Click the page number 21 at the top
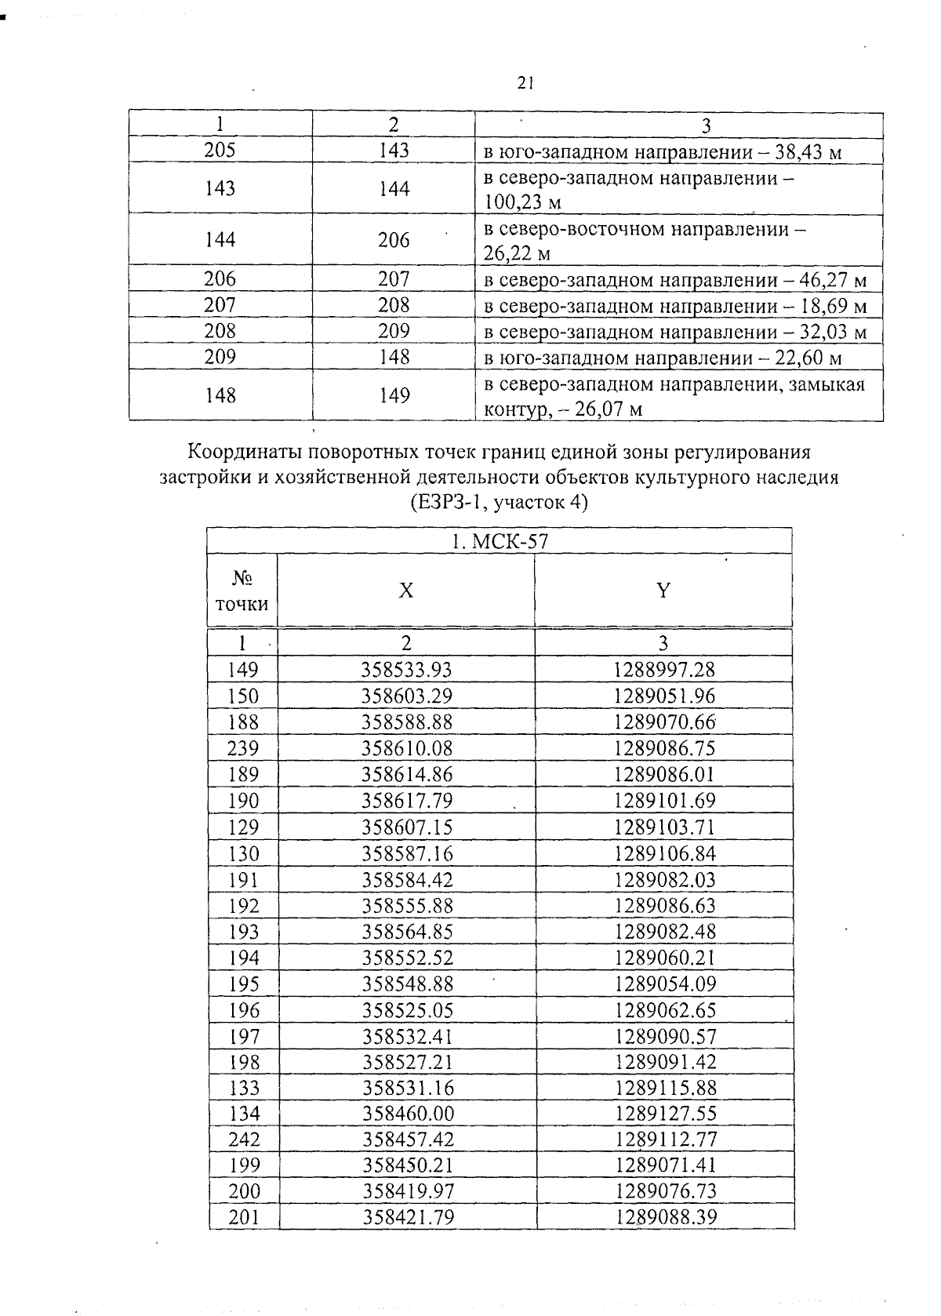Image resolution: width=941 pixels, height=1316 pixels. (x=525, y=83)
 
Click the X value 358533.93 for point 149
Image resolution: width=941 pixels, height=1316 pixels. (x=406, y=670)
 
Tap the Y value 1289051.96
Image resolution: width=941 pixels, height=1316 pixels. (x=664, y=696)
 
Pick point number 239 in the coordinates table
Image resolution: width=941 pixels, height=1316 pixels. (x=242, y=748)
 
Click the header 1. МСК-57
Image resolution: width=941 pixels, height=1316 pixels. (x=499, y=541)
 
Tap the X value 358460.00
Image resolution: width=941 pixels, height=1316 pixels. (x=408, y=1114)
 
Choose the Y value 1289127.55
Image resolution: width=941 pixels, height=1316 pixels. (x=666, y=1114)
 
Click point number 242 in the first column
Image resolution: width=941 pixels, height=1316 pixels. (x=244, y=1139)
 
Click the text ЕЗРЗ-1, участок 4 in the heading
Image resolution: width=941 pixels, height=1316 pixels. (x=499, y=502)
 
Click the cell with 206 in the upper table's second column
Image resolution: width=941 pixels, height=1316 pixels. (x=394, y=240)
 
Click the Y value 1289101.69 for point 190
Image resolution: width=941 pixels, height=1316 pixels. (x=664, y=801)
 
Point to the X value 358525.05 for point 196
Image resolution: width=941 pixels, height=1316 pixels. (x=408, y=1010)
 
